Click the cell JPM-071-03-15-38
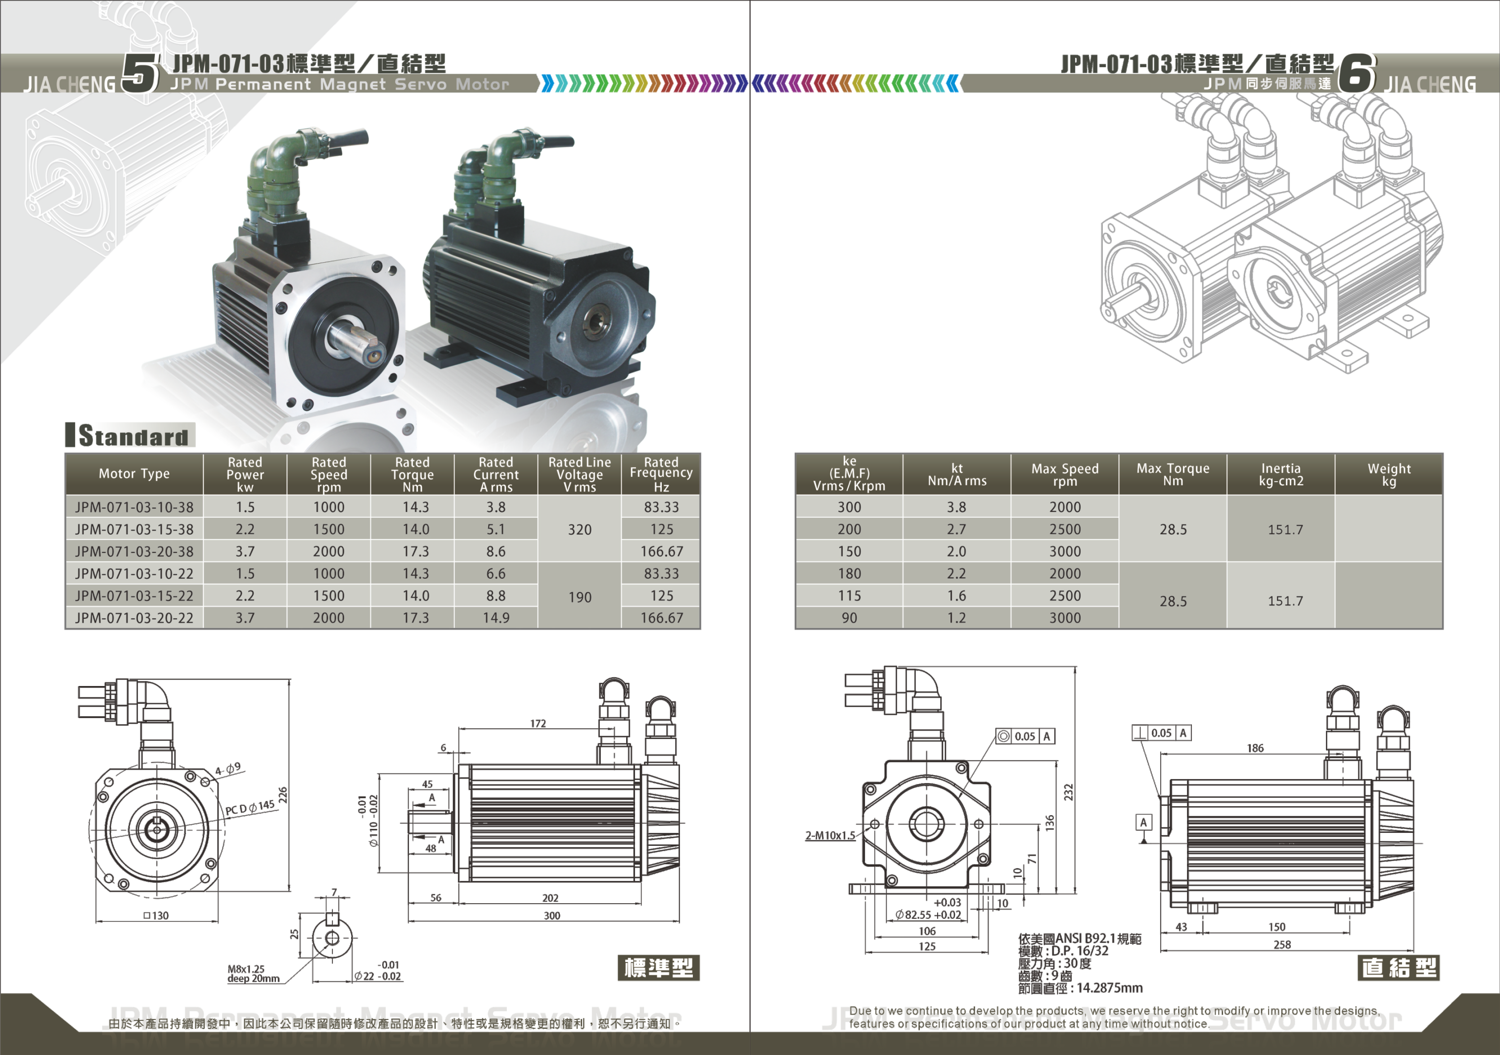click(134, 529)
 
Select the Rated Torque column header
click(412, 474)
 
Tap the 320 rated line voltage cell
click(580, 529)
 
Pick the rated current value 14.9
click(496, 617)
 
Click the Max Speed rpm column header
click(1065, 474)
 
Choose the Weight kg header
click(1389, 474)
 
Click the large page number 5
click(140, 73)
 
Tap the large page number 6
click(1356, 73)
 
